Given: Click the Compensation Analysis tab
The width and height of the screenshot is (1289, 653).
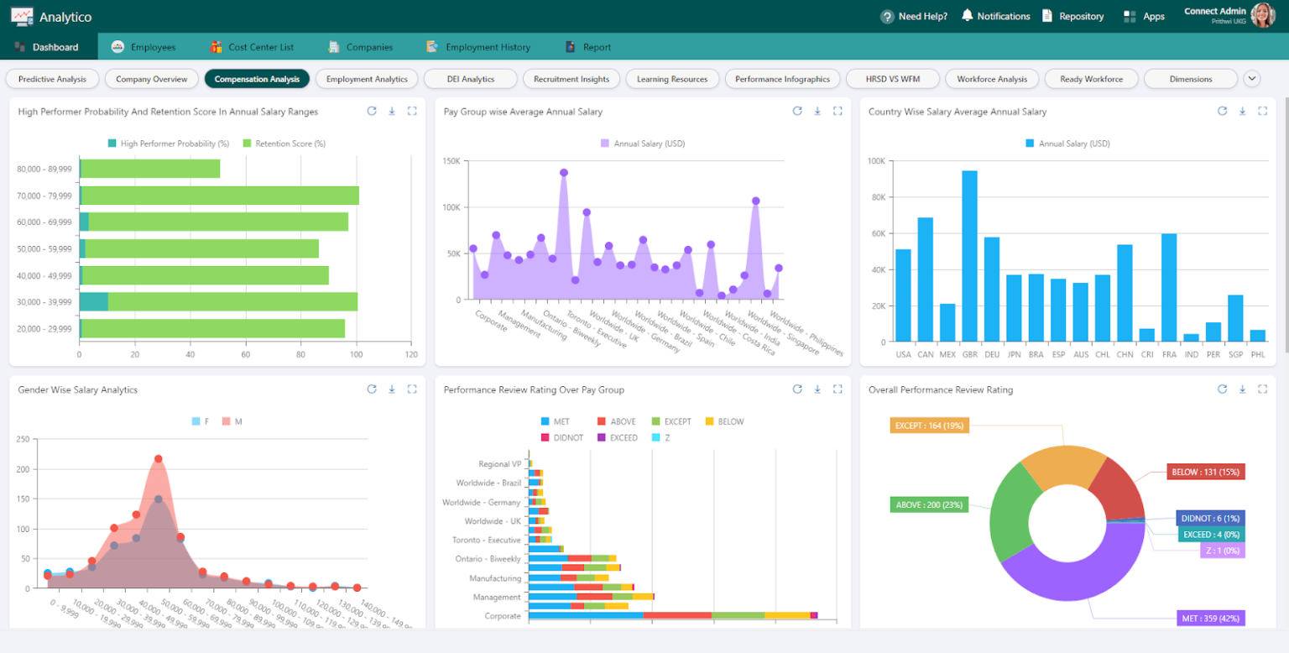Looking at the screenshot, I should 257,79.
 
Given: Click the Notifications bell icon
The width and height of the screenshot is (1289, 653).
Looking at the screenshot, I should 967,16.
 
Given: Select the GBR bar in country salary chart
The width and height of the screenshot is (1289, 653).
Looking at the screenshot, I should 969,256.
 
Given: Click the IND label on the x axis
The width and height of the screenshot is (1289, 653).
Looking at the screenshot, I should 1191,354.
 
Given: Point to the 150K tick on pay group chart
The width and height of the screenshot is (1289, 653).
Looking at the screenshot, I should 451,161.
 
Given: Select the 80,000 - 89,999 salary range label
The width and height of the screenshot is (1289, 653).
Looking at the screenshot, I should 44,169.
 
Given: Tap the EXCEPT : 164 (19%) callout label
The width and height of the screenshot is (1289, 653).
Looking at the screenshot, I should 929,426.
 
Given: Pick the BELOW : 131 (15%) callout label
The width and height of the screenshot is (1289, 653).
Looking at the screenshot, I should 1205,472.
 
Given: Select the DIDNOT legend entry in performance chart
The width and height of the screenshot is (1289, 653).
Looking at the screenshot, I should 564,437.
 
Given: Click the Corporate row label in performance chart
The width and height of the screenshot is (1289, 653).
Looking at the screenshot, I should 503,616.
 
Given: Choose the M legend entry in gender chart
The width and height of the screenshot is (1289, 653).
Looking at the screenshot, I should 232,421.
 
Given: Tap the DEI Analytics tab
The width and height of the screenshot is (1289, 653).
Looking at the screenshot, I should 471,79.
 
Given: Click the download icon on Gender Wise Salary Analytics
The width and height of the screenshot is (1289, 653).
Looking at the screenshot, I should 392,389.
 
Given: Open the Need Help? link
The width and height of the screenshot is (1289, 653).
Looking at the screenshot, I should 914,16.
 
